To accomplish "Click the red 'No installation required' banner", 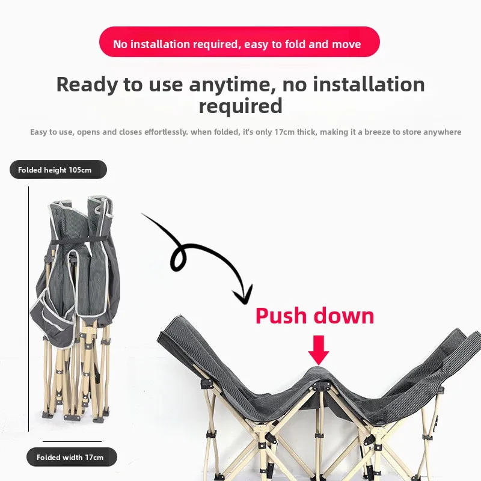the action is (x=239, y=41).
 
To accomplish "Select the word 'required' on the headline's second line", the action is (x=240, y=106).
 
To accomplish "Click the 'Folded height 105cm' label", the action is (x=58, y=170).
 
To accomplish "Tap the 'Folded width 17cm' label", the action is (x=72, y=457).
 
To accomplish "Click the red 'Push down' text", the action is (x=314, y=316).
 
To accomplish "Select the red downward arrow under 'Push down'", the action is (x=319, y=350).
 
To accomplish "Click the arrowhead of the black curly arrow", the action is (x=244, y=295).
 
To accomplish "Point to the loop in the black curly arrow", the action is (x=179, y=259).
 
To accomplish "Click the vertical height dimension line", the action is (x=28, y=308).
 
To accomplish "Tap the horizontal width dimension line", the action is (x=72, y=441).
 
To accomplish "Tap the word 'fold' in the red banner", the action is (x=295, y=44).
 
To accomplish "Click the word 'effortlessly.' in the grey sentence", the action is (x=166, y=132).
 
